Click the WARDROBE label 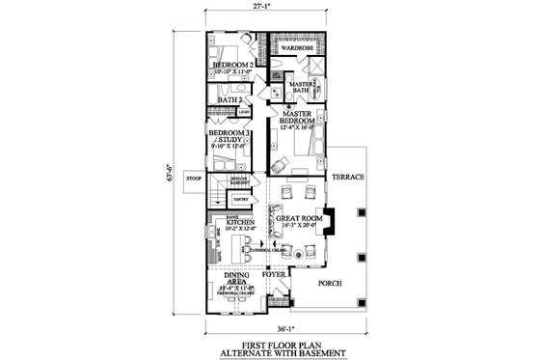point(300,45)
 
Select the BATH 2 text point(229,99)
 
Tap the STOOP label point(192,177)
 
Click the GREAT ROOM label point(297,219)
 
